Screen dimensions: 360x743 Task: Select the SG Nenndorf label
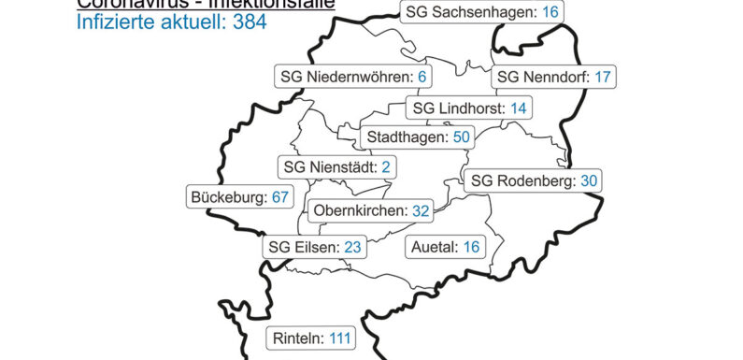(x=554, y=77)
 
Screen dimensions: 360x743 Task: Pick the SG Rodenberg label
(x=534, y=180)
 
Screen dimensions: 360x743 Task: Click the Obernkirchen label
(x=370, y=210)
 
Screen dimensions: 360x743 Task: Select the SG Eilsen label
(x=312, y=248)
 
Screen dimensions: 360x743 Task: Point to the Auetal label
(x=445, y=248)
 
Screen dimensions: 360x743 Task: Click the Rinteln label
(x=313, y=338)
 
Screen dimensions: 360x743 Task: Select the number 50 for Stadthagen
(x=461, y=137)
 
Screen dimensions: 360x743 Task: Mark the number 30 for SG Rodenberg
(x=588, y=180)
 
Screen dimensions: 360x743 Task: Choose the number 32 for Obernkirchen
(x=421, y=210)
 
